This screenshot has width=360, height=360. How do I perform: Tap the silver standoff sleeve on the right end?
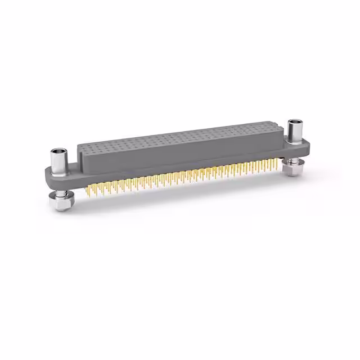pyautogui.click(x=295, y=132)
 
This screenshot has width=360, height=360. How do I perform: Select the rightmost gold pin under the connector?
pyautogui.click(x=276, y=163)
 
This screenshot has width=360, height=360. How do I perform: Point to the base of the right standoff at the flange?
pyautogui.click(x=295, y=140)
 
